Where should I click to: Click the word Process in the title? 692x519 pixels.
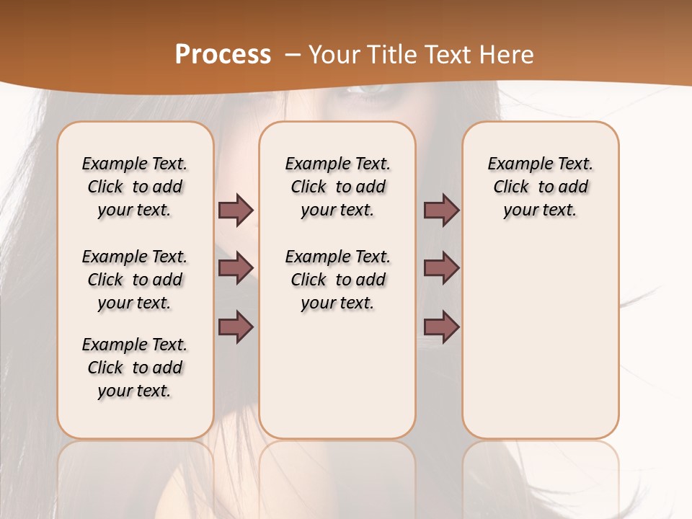click(223, 55)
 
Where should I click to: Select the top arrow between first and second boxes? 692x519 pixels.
click(236, 210)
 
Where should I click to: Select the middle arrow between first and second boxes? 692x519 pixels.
click(236, 268)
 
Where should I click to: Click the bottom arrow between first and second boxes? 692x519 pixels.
click(236, 327)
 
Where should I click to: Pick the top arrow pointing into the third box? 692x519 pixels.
click(441, 210)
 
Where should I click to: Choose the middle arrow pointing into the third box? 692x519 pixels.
click(441, 268)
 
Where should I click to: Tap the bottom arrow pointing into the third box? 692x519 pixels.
click(441, 327)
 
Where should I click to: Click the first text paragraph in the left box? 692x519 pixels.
click(135, 187)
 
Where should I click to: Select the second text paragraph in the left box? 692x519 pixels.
click(135, 280)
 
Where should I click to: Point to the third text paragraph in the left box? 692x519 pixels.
click(135, 368)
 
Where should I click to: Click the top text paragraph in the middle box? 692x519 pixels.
click(337, 187)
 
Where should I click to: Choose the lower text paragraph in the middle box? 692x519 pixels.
click(337, 280)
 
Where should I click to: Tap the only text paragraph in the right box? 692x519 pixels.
click(540, 187)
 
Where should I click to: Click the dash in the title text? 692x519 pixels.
click(293, 55)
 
